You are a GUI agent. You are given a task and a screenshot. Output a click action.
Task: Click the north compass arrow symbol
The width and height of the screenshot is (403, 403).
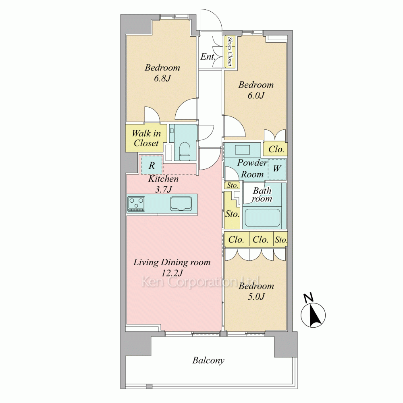point(314,315)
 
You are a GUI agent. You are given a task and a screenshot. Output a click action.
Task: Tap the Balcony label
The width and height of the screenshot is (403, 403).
point(208,360)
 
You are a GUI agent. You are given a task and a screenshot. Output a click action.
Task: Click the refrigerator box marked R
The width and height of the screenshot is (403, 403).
point(152,165)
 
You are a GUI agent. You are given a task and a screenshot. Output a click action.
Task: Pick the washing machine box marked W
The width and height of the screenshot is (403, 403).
point(276,168)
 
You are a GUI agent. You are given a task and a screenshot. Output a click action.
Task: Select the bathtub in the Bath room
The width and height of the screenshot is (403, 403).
point(263,218)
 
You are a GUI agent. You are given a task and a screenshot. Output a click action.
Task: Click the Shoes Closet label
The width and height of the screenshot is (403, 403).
point(230,52)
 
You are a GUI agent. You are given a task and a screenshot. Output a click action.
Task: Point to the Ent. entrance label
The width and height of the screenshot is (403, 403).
point(208,57)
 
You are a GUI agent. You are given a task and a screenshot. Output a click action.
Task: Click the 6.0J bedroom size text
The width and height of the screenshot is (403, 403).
point(256,96)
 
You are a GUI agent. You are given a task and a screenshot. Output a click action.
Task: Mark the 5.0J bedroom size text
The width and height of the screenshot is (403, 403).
point(256,297)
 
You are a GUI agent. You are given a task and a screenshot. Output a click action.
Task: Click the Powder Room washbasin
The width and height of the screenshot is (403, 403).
point(243,150)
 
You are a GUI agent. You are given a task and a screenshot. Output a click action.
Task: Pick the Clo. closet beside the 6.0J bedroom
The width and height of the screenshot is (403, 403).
point(276,149)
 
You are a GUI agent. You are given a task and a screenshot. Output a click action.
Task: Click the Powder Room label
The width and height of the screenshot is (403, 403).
point(252,168)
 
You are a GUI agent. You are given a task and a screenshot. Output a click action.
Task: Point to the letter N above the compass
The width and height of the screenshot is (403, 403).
point(309,298)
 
